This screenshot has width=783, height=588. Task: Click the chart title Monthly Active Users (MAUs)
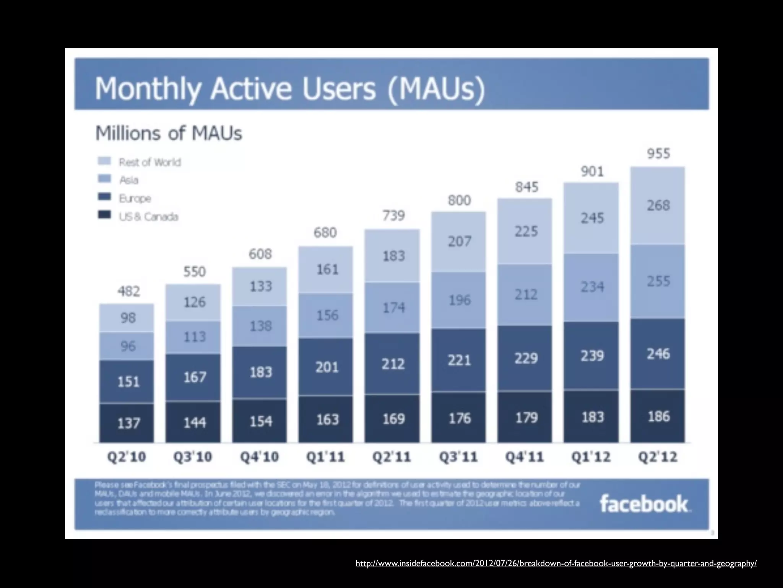(290, 88)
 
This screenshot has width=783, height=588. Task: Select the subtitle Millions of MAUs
(169, 134)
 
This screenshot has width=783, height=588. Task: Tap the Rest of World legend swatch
(104, 161)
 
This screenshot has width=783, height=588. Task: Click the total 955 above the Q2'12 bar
(658, 154)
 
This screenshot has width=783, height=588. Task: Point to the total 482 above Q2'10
(128, 291)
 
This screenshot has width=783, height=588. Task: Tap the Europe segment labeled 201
(326, 367)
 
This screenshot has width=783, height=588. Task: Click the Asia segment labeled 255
(658, 281)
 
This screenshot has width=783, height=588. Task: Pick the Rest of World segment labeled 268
(658, 206)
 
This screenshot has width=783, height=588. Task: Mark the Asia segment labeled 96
(127, 346)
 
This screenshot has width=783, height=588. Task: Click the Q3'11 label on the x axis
(458, 457)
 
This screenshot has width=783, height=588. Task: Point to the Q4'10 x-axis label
(259, 457)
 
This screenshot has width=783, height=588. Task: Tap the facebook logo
(644, 503)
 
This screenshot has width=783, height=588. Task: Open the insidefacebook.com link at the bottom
(556, 563)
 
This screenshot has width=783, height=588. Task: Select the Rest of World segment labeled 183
(393, 256)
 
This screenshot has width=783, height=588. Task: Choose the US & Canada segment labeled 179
(525, 417)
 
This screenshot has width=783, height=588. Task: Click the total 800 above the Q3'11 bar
(459, 200)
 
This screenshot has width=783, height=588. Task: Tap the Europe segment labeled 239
(592, 356)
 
